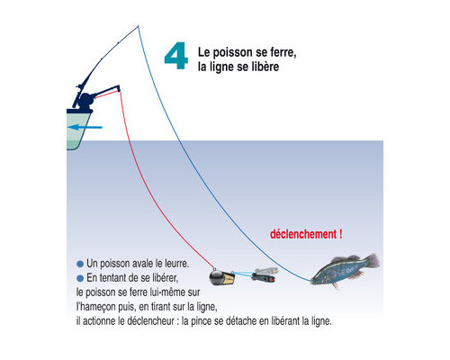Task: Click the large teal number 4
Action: click(176, 56)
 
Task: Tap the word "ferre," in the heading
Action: click(283, 52)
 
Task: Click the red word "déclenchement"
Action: click(303, 234)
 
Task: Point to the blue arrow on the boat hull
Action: click(85, 127)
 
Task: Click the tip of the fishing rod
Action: click(138, 26)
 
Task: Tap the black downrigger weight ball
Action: click(216, 277)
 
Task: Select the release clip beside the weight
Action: click(264, 274)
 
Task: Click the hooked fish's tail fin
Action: click(373, 260)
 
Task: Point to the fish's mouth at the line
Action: click(311, 281)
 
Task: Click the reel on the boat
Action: click(85, 100)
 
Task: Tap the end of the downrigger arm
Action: click(119, 88)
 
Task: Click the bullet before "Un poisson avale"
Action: click(80, 264)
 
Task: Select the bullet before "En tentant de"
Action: click(80, 278)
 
